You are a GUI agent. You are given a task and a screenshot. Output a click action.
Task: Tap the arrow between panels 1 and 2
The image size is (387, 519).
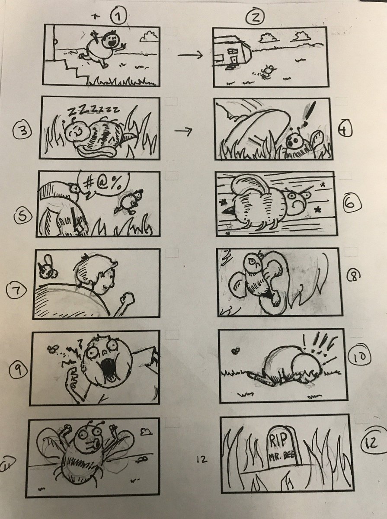tap(190, 55)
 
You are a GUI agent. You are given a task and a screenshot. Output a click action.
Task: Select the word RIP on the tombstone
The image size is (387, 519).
tap(280, 439)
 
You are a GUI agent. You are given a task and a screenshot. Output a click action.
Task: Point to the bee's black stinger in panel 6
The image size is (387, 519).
tap(229, 209)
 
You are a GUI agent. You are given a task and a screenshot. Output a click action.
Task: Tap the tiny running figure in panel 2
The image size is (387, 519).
tap(267, 71)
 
